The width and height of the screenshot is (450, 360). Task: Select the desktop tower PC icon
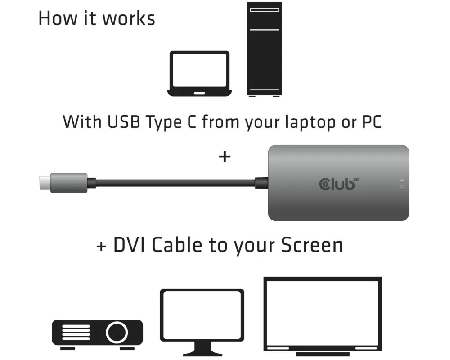point(264,49)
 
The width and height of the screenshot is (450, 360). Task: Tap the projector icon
point(97,334)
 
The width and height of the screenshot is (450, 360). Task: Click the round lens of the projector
point(117,333)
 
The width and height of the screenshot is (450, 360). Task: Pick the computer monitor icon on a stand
point(202,322)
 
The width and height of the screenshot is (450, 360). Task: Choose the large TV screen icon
point(323,316)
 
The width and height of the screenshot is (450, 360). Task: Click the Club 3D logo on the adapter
point(339,184)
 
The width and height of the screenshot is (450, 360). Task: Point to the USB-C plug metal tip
point(45,183)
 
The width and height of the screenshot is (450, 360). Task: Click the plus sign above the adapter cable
point(225,157)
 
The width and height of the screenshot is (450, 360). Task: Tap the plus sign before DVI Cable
point(101,246)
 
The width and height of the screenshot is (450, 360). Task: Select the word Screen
point(312,245)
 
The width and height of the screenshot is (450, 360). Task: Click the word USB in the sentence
point(124,121)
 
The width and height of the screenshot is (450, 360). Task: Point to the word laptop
point(310,122)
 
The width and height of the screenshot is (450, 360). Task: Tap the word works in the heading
point(129,18)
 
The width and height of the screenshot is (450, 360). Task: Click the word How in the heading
point(58,18)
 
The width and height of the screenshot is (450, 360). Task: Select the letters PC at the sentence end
point(372,121)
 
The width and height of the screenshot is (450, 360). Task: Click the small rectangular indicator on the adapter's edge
point(402,183)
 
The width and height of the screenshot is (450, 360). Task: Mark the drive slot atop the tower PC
point(264,10)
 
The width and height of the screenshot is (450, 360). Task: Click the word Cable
point(177,245)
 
